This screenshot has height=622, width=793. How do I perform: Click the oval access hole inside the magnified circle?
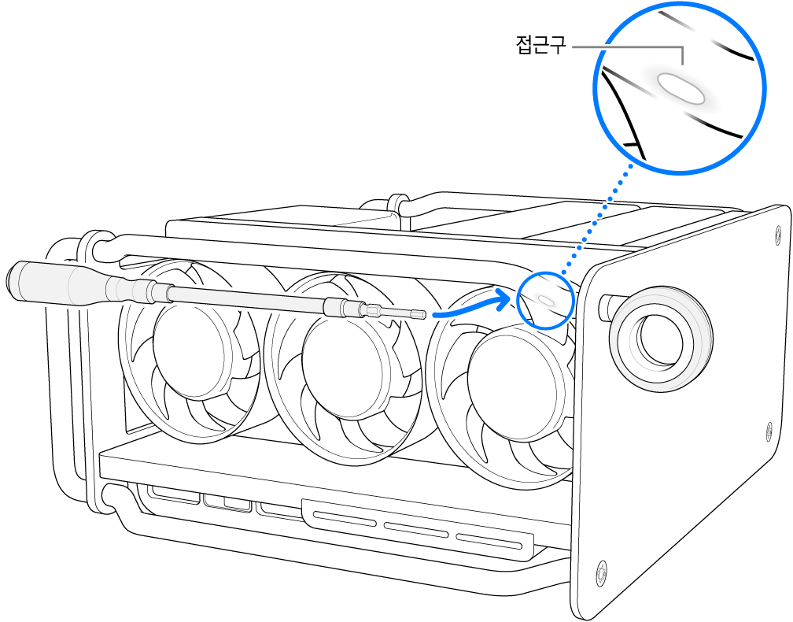coord(681,88)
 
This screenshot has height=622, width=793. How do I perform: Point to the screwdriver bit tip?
coord(422,315)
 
